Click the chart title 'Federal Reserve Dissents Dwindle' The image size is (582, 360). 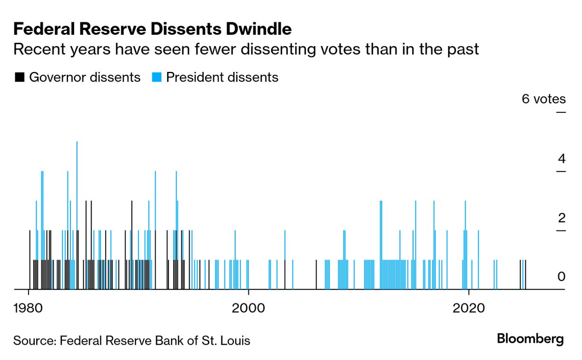(152, 30)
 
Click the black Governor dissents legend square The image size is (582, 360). (20, 77)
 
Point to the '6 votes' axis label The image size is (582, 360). (543, 99)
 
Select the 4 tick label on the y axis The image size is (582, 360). (562, 159)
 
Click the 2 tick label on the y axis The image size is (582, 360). (562, 218)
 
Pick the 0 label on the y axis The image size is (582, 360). (562, 277)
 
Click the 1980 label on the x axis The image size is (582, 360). (29, 307)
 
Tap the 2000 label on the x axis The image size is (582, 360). (248, 307)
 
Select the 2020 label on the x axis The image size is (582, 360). (469, 307)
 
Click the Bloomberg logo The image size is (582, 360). (530, 339)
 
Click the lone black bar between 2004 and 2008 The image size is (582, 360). (316, 275)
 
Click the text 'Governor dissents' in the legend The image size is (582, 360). (85, 77)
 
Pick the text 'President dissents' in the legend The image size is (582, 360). (222, 77)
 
